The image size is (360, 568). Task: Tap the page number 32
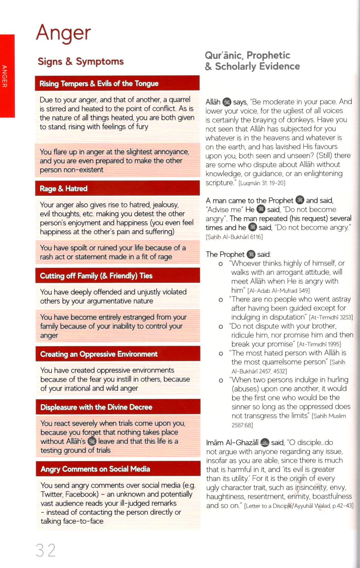click(45, 550)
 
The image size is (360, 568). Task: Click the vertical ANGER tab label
click(5, 76)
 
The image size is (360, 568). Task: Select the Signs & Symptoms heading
click(80, 61)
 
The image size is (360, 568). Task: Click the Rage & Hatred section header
click(64, 189)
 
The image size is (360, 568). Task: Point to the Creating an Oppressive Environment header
click(99, 354)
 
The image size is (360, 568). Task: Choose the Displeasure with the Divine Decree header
click(96, 407)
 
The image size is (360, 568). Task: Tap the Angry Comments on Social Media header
click(95, 469)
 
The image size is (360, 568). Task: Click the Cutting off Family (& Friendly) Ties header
click(96, 276)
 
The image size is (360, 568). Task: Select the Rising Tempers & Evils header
click(99, 84)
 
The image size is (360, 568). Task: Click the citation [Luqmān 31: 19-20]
click(262, 183)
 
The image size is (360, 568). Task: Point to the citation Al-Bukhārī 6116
click(234, 237)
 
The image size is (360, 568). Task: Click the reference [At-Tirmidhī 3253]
click(331, 317)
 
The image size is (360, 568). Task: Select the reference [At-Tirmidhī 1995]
click(319, 344)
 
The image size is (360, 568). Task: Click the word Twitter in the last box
click(52, 494)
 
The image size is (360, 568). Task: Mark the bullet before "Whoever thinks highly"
click(221, 264)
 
